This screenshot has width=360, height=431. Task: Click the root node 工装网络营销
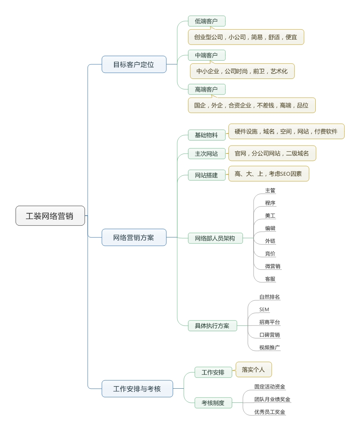[x=50, y=216]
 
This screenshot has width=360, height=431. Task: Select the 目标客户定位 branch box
[x=134, y=64]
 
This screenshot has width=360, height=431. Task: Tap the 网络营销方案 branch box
[x=134, y=237]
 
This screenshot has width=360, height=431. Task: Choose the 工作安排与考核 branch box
[x=137, y=389]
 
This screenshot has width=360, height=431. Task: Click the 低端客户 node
[x=207, y=21]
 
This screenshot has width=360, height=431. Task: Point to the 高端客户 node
[x=207, y=89]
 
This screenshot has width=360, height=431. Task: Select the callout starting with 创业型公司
[x=246, y=37]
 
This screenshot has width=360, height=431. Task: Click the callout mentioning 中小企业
[x=242, y=71]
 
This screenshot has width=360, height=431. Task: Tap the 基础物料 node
[x=207, y=135]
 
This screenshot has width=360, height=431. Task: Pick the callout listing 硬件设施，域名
[x=286, y=131]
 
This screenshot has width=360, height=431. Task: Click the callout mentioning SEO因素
[x=269, y=174]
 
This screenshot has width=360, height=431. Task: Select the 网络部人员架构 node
[x=215, y=238]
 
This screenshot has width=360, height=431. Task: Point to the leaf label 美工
[x=270, y=216]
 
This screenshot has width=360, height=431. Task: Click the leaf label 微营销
[x=273, y=266]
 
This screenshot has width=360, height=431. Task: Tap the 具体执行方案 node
[x=212, y=326]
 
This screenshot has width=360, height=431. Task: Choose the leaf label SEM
[x=264, y=309]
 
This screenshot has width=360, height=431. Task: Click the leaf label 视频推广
[x=270, y=348]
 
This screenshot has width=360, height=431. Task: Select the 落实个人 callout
[x=254, y=369]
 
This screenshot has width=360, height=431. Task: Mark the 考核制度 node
[x=213, y=403]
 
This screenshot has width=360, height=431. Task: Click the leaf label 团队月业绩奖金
[x=272, y=399]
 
